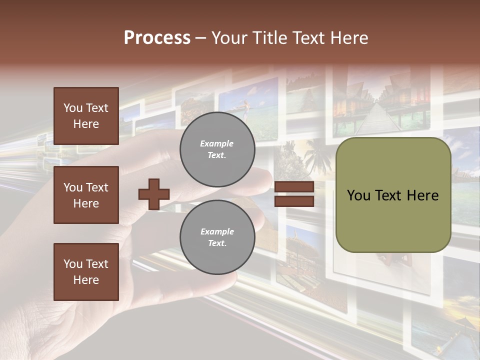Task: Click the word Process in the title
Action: click(157, 38)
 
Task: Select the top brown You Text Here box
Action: click(86, 116)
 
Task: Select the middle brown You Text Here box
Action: click(86, 195)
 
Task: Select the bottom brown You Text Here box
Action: click(86, 272)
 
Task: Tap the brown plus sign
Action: click(154, 194)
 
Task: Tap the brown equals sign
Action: click(294, 194)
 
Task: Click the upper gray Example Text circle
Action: click(217, 149)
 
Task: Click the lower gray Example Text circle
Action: click(217, 237)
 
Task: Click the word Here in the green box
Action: click(422, 195)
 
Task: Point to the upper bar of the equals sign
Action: click(294, 187)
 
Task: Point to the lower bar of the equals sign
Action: click(294, 201)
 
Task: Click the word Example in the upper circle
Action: click(217, 143)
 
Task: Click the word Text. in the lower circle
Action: click(217, 243)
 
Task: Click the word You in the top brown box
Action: click(72, 108)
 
